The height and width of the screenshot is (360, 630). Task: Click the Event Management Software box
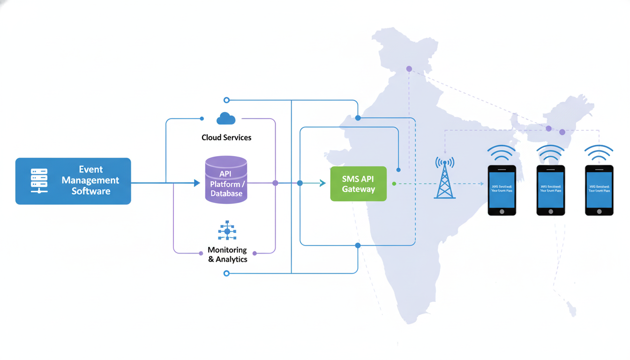[73, 181]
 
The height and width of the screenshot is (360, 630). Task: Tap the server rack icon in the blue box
[39, 181]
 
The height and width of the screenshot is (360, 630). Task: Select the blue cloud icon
[226, 119]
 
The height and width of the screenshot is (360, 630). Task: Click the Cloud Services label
[226, 137]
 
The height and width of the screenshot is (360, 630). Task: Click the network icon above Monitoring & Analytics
[227, 231]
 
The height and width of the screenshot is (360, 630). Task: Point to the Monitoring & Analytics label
[228, 255]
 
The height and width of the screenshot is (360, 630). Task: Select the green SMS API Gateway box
[358, 184]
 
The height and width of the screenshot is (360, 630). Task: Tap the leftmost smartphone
[502, 190]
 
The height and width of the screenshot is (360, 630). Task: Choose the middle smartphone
[550, 190]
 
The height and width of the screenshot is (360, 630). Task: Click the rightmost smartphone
[599, 190]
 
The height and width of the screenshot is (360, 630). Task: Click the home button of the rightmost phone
[599, 211]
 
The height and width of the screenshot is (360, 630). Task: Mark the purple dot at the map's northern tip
[409, 69]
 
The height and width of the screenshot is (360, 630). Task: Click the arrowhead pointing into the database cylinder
[197, 183]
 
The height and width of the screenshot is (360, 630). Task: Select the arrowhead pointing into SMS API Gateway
[322, 183]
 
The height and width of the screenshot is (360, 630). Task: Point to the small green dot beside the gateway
[394, 184]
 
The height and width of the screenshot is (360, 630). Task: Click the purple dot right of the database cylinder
[275, 183]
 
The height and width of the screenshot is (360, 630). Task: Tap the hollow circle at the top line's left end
[226, 100]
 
